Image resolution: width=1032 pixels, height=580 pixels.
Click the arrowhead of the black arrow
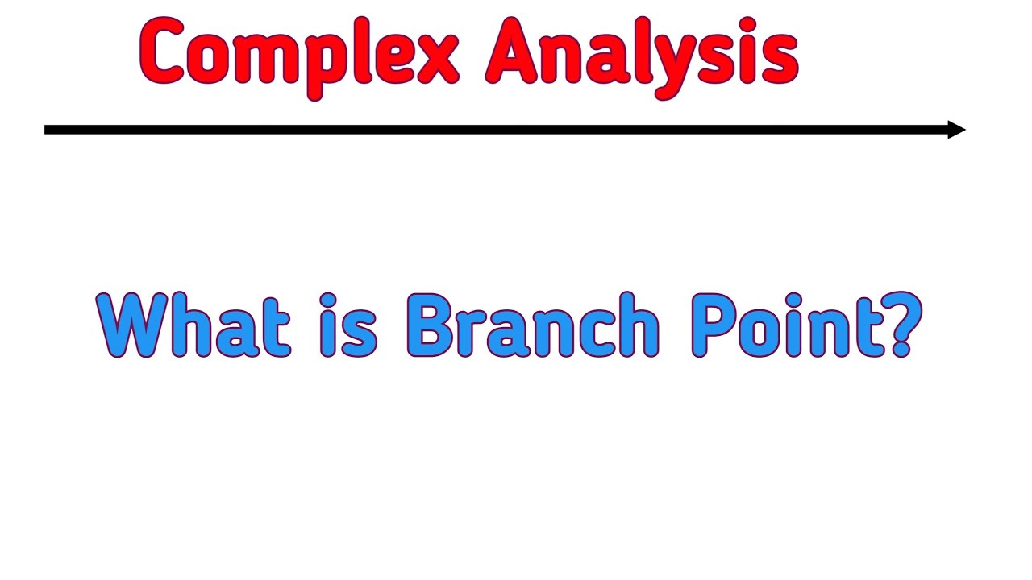[957, 130]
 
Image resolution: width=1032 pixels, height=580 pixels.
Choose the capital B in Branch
[431, 325]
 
